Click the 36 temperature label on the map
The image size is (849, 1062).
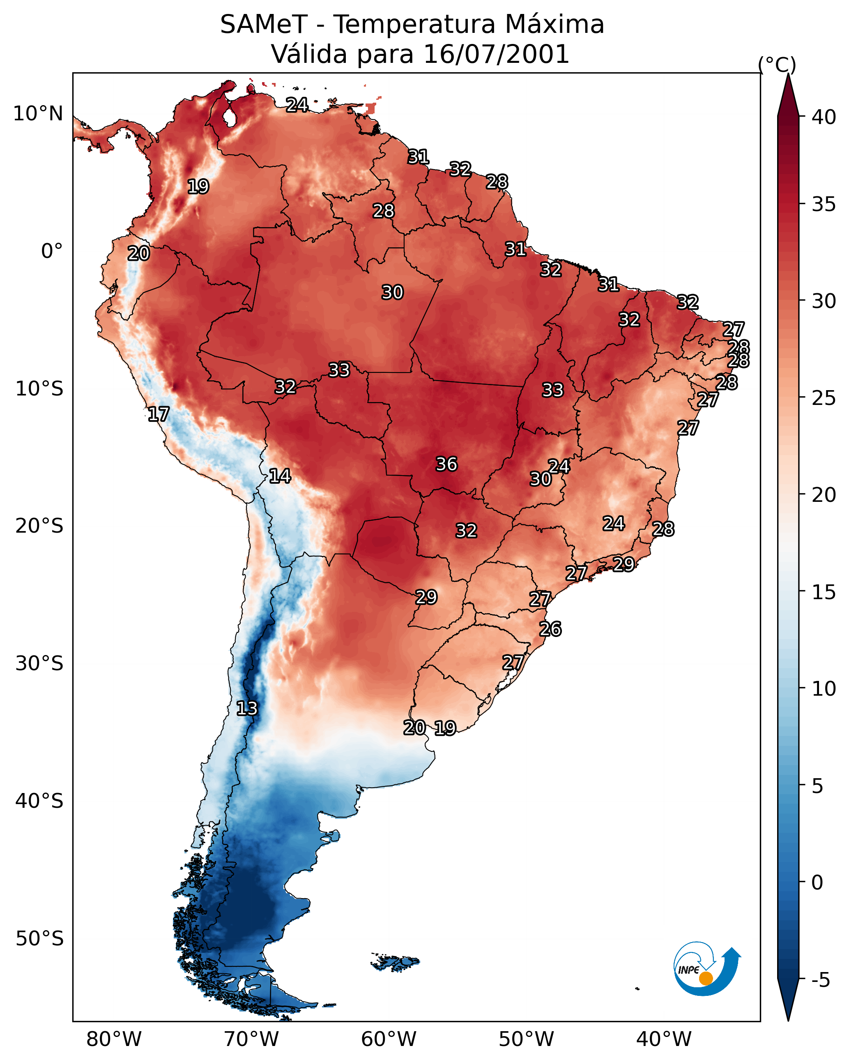pos(446,464)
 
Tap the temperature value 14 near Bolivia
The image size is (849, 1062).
pos(280,476)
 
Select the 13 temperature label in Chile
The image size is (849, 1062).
pos(247,708)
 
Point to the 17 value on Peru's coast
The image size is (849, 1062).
pos(159,414)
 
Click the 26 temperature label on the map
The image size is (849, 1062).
pos(550,629)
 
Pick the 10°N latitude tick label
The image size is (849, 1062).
pos(38,114)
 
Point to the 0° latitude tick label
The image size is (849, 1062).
pos(52,251)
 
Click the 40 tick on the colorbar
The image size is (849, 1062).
pos(824,117)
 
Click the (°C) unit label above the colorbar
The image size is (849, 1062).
pos(777,64)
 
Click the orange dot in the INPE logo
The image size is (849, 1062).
pos(706,978)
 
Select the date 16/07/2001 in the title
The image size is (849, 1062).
pos(496,54)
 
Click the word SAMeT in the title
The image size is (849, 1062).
pos(264,25)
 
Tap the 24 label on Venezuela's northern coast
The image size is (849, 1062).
pos(297,105)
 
